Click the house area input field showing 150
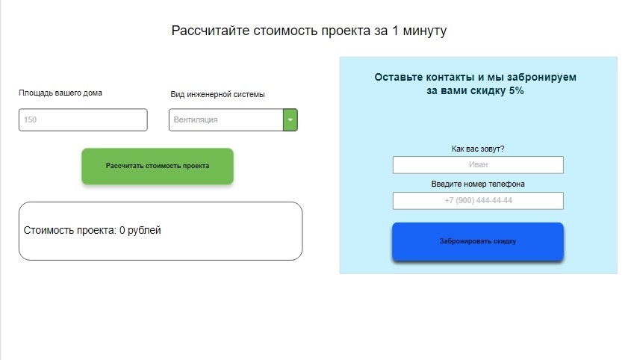tap(83, 120)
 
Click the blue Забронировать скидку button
tap(477, 241)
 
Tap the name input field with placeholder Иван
tap(478, 164)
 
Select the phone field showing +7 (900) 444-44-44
tap(478, 201)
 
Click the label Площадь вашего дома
tap(60, 93)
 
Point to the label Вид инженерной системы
tap(217, 94)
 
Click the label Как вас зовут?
tap(478, 149)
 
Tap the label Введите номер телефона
tap(478, 184)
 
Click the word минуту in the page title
tap(425, 31)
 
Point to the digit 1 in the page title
tap(395, 31)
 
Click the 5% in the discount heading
tap(516, 90)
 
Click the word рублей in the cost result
tap(144, 231)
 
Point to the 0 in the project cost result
tap(122, 230)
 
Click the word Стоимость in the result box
tap(49, 230)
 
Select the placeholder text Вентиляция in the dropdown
tap(196, 120)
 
